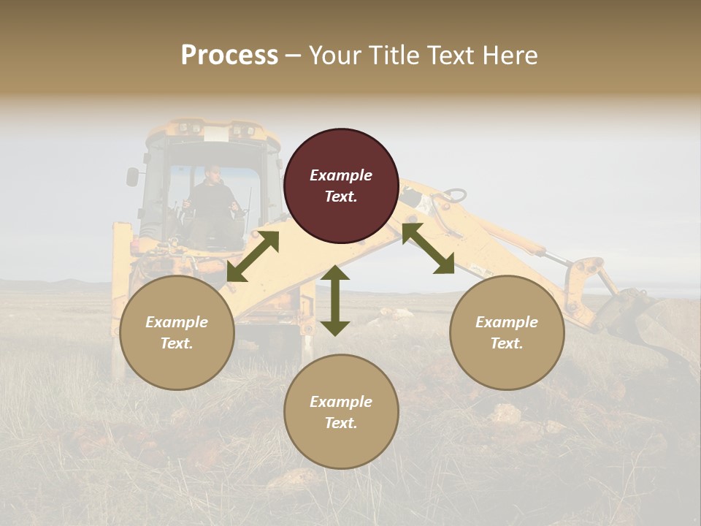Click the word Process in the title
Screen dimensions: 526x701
229,56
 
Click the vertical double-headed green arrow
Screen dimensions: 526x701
335,300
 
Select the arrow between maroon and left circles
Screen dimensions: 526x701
253,256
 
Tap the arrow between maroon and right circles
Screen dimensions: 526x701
428,249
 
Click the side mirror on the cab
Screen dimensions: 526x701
132,176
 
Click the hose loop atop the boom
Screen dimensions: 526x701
453,195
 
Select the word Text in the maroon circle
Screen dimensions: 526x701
341,197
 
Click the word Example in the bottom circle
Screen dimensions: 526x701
341,402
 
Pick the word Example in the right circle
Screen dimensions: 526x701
507,322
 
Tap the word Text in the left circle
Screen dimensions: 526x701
177,343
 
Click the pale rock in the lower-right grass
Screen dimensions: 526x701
505,413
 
